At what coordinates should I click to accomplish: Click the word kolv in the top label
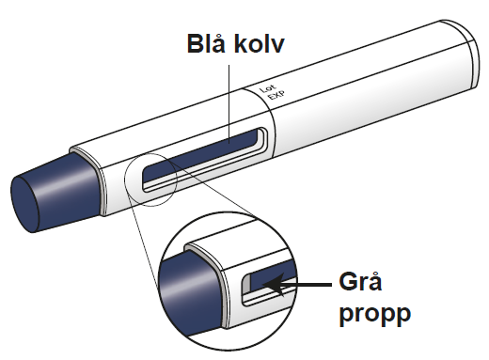(260, 43)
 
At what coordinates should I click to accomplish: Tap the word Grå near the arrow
(360, 282)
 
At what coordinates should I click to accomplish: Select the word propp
(374, 313)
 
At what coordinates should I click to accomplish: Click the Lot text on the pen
(267, 88)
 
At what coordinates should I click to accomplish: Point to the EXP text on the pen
(276, 95)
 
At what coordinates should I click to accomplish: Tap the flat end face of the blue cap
(24, 204)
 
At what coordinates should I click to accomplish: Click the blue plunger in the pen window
(200, 152)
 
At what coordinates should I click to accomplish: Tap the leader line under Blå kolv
(229, 104)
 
